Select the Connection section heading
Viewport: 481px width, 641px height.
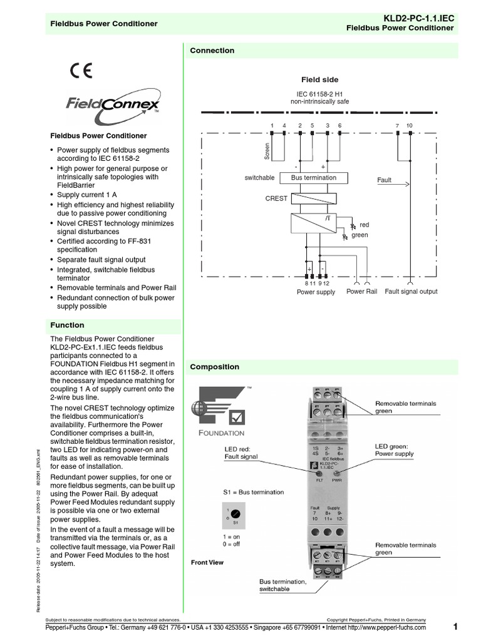tap(212, 51)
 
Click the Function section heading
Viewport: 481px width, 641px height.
tap(67, 326)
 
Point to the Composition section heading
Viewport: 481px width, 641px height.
tap(214, 367)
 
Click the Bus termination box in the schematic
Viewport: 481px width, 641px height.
tap(313, 178)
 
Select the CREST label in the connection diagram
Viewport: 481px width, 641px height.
tap(276, 198)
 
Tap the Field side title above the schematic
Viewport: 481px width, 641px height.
tap(319, 80)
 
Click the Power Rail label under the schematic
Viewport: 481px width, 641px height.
tap(362, 292)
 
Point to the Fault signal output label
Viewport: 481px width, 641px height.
tap(411, 292)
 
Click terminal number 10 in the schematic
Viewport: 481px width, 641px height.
tap(410, 126)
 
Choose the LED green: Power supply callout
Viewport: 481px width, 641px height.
tap(394, 450)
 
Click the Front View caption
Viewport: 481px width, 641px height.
tap(207, 563)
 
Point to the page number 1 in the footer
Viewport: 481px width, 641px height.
tap(455, 627)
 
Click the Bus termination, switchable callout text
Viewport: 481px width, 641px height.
tap(283, 585)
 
